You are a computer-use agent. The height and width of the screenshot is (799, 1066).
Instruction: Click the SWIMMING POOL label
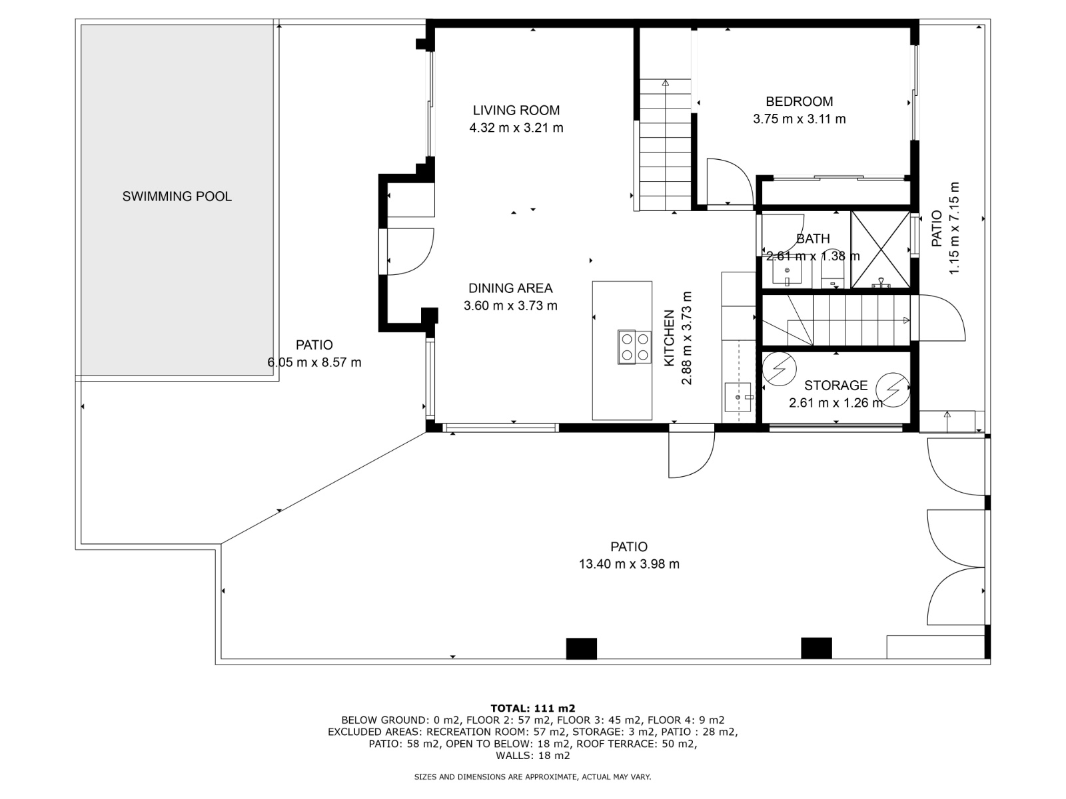click(177, 196)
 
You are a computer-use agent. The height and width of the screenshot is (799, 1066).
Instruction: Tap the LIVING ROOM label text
click(516, 111)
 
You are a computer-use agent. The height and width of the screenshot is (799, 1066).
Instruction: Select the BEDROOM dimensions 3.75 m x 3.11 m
click(799, 119)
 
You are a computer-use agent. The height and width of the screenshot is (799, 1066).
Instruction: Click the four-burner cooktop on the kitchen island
click(634, 347)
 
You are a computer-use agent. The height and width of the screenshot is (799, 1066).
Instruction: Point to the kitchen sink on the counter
click(738, 398)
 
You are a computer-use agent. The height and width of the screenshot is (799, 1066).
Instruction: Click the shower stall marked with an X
click(881, 250)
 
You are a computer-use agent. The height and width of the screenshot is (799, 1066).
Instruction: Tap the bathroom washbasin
click(788, 274)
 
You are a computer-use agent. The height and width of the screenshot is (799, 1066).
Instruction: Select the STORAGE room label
click(835, 386)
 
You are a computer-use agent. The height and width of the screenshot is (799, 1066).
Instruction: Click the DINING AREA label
click(510, 289)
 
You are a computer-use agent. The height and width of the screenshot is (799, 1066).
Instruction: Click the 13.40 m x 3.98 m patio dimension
click(629, 564)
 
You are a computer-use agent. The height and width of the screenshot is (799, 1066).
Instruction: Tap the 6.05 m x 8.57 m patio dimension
click(314, 363)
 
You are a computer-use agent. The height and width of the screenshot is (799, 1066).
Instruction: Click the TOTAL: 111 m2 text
click(533, 708)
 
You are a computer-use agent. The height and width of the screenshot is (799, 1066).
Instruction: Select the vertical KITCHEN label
click(669, 338)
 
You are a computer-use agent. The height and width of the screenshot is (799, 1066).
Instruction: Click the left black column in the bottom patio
click(582, 649)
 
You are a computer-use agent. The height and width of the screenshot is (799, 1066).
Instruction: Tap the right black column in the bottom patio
click(816, 648)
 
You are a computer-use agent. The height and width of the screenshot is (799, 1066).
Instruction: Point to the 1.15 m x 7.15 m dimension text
click(954, 228)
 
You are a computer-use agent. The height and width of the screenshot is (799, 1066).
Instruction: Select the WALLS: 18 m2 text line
click(533, 755)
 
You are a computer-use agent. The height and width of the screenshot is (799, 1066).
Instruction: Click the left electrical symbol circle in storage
click(779, 369)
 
